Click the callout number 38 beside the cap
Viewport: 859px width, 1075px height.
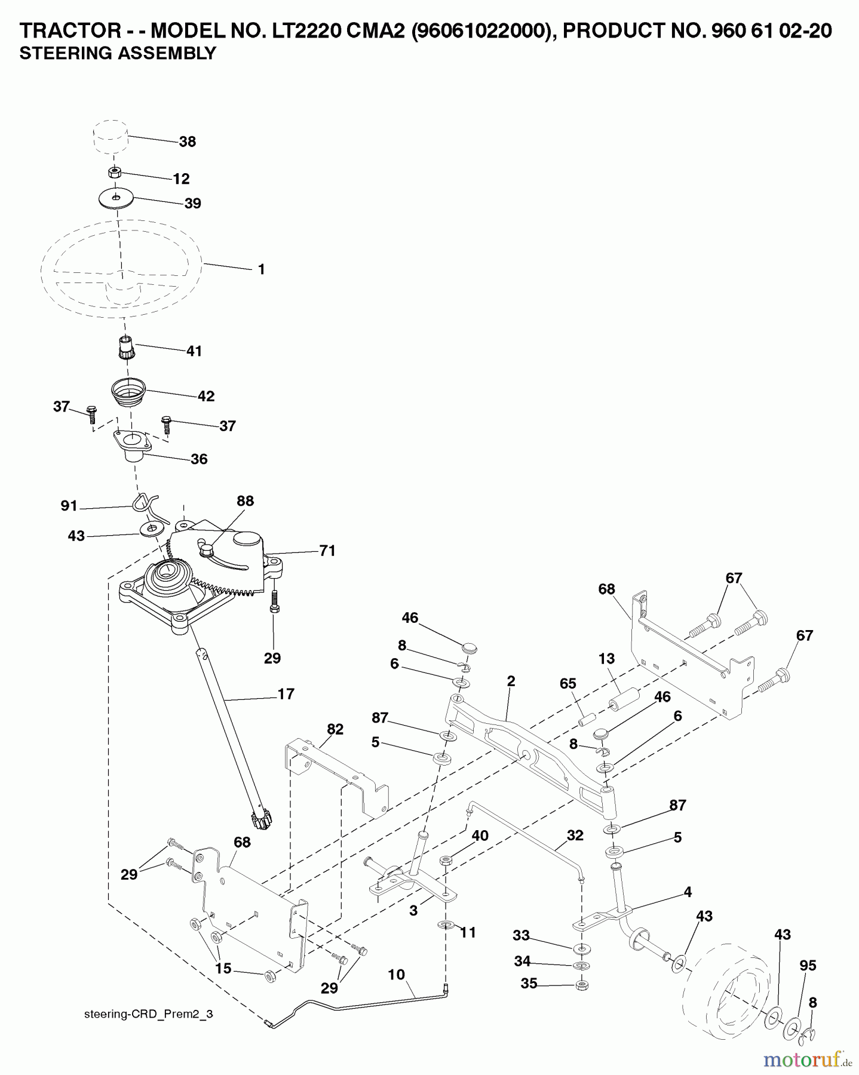187,142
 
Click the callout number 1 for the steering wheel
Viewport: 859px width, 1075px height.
261,269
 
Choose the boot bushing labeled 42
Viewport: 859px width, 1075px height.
129,391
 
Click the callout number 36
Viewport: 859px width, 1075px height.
199,459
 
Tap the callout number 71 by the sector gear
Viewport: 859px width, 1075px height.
327,551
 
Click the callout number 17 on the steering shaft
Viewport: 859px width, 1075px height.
286,694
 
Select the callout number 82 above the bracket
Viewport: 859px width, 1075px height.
335,729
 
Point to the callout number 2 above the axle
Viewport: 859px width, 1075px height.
511,681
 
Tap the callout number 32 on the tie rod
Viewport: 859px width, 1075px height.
575,836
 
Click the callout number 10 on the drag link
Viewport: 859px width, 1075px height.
396,975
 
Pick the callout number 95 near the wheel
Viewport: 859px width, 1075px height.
808,966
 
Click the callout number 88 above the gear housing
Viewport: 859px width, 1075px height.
245,501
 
